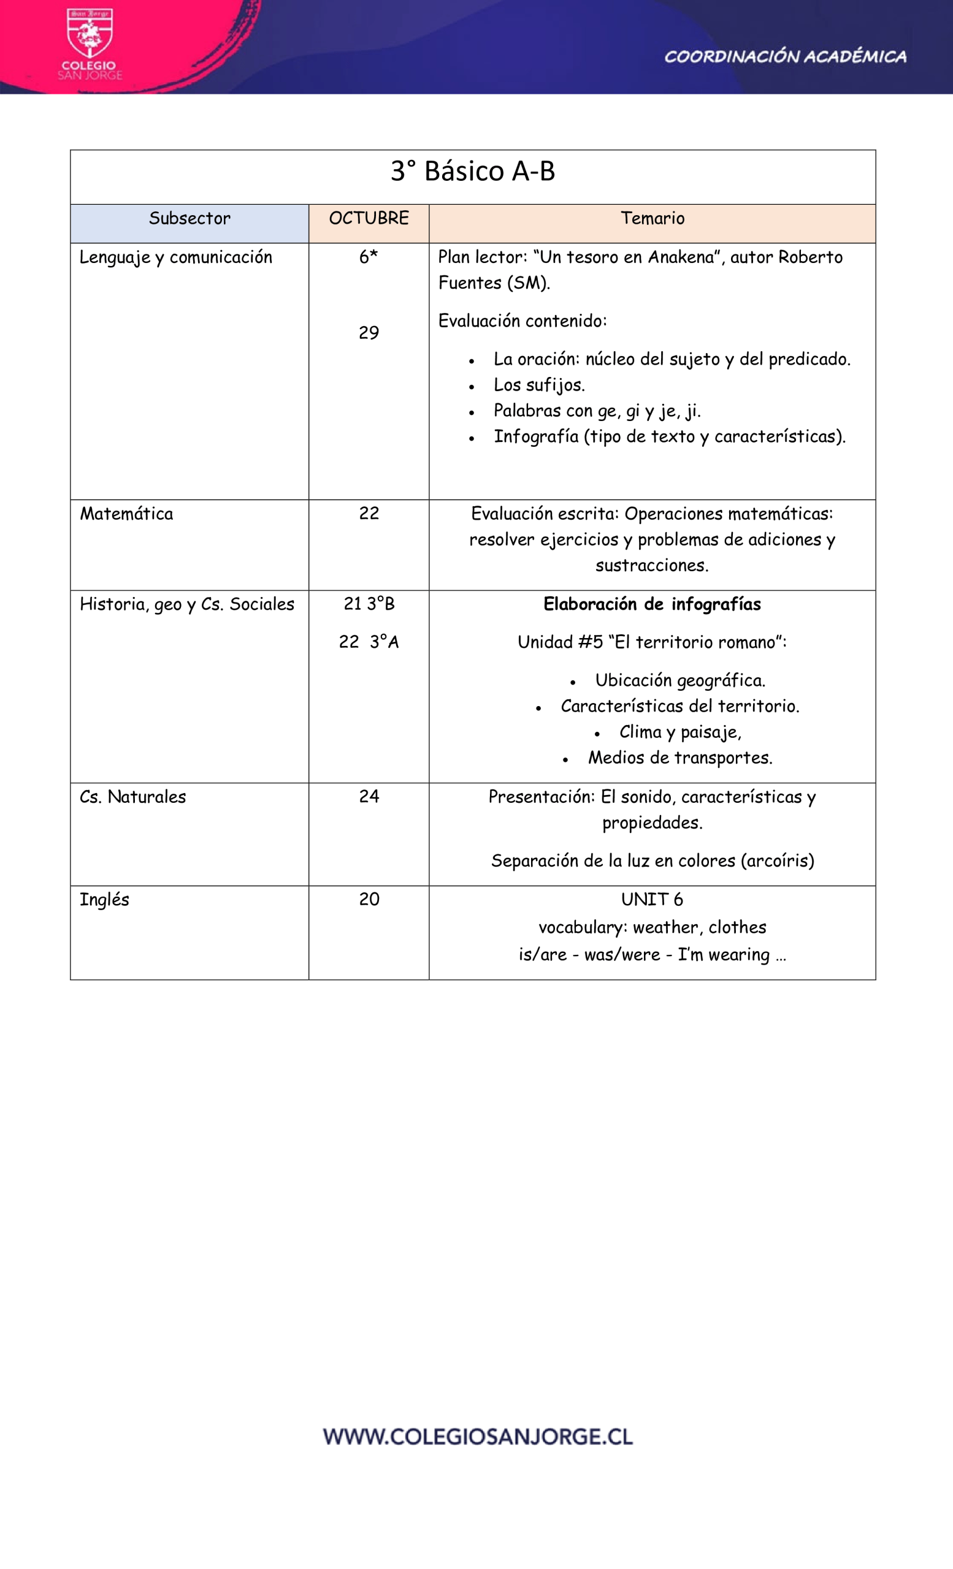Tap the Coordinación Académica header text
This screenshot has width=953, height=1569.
[x=785, y=56]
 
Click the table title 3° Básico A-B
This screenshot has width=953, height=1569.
[x=473, y=171]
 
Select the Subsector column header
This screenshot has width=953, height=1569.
[x=189, y=218]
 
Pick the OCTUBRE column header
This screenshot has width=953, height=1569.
[x=369, y=218]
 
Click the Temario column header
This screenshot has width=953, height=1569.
[x=653, y=218]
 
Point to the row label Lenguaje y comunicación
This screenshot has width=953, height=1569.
[x=176, y=257]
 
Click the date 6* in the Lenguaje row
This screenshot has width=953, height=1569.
[x=368, y=257]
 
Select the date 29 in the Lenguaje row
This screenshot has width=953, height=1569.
[x=369, y=332]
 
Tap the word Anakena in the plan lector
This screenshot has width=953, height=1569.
[x=681, y=257]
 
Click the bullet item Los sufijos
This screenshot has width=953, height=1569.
[x=539, y=386]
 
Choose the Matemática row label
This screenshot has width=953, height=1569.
[x=126, y=514]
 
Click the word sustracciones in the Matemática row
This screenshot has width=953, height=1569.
[x=652, y=566]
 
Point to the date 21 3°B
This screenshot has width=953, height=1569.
[x=369, y=604]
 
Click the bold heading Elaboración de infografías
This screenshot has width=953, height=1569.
[x=652, y=604]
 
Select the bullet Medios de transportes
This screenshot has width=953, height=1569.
[x=679, y=758]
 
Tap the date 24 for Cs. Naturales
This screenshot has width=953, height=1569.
[x=369, y=797]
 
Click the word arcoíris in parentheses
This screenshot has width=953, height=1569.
[x=777, y=861]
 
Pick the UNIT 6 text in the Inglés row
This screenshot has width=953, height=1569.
[x=652, y=900]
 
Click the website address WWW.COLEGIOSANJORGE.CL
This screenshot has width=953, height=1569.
[x=478, y=1437]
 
